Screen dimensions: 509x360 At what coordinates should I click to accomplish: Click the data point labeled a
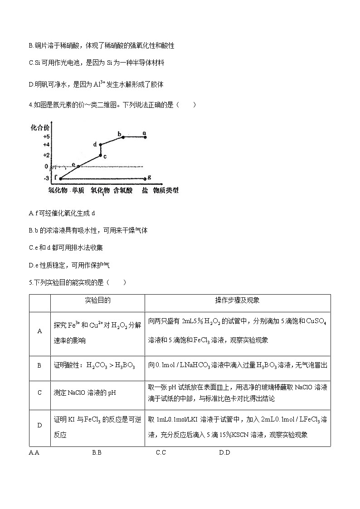[145, 137]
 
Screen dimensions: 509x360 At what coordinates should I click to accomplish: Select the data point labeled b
[123, 137]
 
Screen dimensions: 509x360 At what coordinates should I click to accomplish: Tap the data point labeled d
[100, 145]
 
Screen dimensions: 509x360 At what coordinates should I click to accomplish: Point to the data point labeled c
[100, 155]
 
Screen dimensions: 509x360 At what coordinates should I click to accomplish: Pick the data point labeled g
[145, 179]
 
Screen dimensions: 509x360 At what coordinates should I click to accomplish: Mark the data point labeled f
[60, 179]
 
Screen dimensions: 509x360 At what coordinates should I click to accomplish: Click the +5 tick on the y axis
[46, 136]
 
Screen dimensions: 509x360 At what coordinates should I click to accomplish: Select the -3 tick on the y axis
[46, 179]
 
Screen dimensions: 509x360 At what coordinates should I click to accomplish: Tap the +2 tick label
[46, 155]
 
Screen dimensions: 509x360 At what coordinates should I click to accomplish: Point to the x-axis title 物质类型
[165, 190]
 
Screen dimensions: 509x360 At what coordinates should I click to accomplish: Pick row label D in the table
[39, 425]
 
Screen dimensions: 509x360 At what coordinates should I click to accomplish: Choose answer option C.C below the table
[161, 452]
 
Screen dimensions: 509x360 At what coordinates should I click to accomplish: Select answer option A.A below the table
[34, 452]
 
